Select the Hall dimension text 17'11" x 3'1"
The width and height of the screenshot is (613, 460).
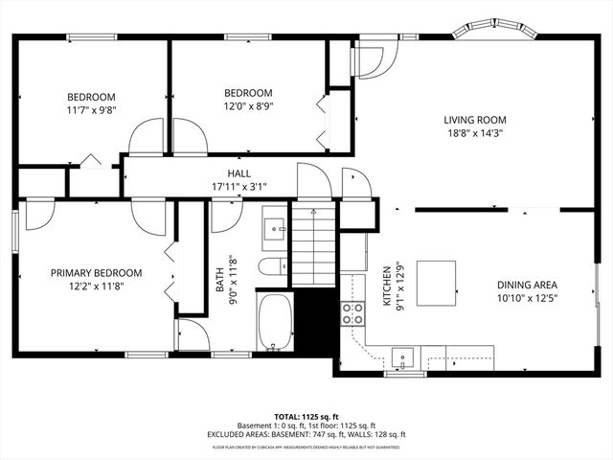click(238, 187)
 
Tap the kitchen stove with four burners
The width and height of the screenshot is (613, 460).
click(352, 312)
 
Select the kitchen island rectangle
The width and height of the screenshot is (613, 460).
click(437, 284)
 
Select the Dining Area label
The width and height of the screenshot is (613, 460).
click(527, 285)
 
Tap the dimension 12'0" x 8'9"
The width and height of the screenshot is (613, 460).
click(248, 106)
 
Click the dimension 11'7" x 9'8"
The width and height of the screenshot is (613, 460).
click(91, 110)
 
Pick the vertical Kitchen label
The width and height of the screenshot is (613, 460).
click(388, 286)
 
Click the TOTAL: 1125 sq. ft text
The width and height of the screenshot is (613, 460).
click(306, 417)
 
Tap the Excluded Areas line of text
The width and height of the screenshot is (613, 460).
click(306, 434)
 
